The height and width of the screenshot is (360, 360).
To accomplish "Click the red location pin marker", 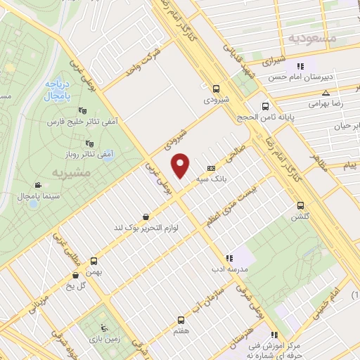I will (182, 165).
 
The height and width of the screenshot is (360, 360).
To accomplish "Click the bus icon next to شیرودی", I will (217, 89).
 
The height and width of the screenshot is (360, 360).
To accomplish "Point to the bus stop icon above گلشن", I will (301, 206).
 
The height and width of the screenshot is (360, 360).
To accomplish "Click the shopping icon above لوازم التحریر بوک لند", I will (145, 217).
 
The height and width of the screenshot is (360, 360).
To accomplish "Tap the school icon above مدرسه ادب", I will (228, 257).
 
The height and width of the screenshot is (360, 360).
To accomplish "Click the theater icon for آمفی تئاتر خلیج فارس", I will (82, 109).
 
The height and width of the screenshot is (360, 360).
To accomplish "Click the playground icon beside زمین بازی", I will (105, 327).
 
